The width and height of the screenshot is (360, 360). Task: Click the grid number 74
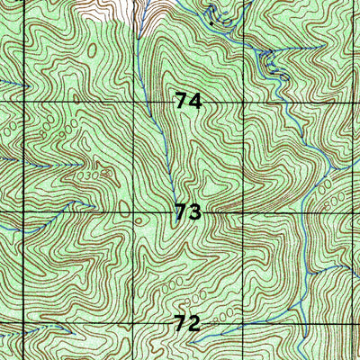point(189,102)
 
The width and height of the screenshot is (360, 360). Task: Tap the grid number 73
point(188,212)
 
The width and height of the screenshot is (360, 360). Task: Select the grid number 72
point(187,322)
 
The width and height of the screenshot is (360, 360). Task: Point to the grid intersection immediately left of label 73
point(135,212)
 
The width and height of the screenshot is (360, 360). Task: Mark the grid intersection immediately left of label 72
point(134,321)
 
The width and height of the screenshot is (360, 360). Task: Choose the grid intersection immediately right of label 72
point(244,323)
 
